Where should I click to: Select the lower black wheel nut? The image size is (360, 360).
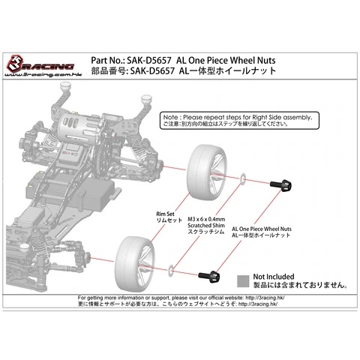[209, 276]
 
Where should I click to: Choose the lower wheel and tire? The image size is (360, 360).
[135, 264]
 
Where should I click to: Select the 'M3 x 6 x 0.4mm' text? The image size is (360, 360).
[206, 219]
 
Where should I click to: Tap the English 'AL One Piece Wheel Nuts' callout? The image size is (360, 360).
[262, 229]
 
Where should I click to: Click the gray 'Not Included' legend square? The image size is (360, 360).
[243, 281]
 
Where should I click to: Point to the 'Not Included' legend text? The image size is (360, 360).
[274, 277]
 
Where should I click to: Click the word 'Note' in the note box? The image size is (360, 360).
[170, 117]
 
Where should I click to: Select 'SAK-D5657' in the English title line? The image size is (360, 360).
[149, 61]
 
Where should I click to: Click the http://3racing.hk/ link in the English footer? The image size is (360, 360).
[265, 298]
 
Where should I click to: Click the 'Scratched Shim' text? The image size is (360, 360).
[206, 226]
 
